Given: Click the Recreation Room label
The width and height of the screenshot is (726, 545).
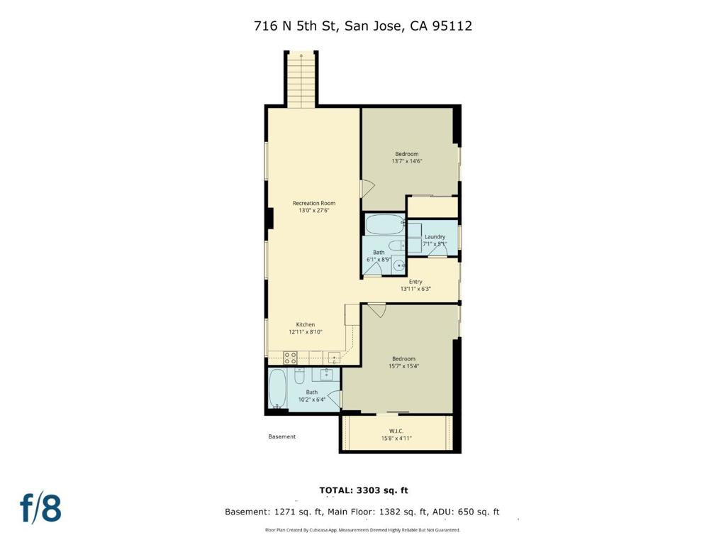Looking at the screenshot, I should (x=314, y=203).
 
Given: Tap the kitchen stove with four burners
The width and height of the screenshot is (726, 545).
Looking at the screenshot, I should (x=290, y=357).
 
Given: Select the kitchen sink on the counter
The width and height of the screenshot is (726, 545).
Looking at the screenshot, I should (x=334, y=357).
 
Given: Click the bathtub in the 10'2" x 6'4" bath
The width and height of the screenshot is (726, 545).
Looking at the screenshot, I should (x=277, y=388).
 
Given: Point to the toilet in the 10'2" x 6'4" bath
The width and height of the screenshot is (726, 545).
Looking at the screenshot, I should (x=300, y=371).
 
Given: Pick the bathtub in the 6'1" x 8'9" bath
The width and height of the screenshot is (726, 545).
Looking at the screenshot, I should (x=383, y=225).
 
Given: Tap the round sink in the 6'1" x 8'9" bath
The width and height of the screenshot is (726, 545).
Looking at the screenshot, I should (x=400, y=266).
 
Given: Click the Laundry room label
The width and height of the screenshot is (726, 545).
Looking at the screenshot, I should (x=435, y=236).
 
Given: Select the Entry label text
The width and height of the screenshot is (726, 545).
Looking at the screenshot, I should (x=415, y=282).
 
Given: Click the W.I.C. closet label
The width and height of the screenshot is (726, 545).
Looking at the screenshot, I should (x=396, y=431).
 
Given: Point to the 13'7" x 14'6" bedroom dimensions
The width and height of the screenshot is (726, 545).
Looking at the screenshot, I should (x=407, y=161).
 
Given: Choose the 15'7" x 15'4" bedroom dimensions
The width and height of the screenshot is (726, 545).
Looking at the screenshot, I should (x=403, y=366).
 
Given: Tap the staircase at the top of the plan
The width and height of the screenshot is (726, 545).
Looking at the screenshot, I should (x=301, y=79).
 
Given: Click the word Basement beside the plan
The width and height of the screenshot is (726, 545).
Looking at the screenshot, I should (x=281, y=436).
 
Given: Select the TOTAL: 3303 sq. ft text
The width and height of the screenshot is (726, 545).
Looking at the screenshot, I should (x=364, y=490).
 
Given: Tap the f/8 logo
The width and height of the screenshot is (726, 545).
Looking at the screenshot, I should (x=40, y=508).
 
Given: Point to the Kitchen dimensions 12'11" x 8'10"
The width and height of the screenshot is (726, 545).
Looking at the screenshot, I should (x=306, y=332).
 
